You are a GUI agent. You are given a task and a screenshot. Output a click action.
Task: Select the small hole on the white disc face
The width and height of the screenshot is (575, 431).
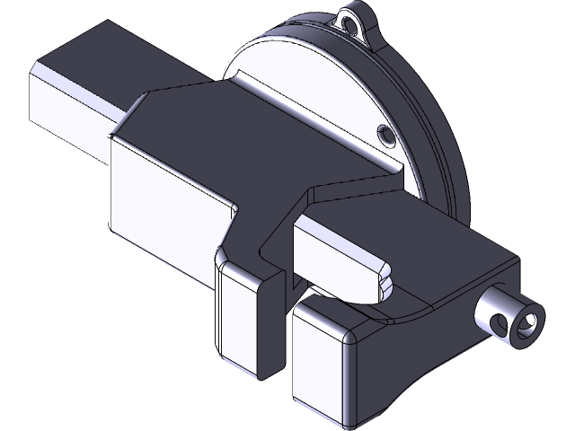[x=387, y=136]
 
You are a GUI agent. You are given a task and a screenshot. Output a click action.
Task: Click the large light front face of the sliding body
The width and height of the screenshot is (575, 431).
[x=162, y=207]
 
